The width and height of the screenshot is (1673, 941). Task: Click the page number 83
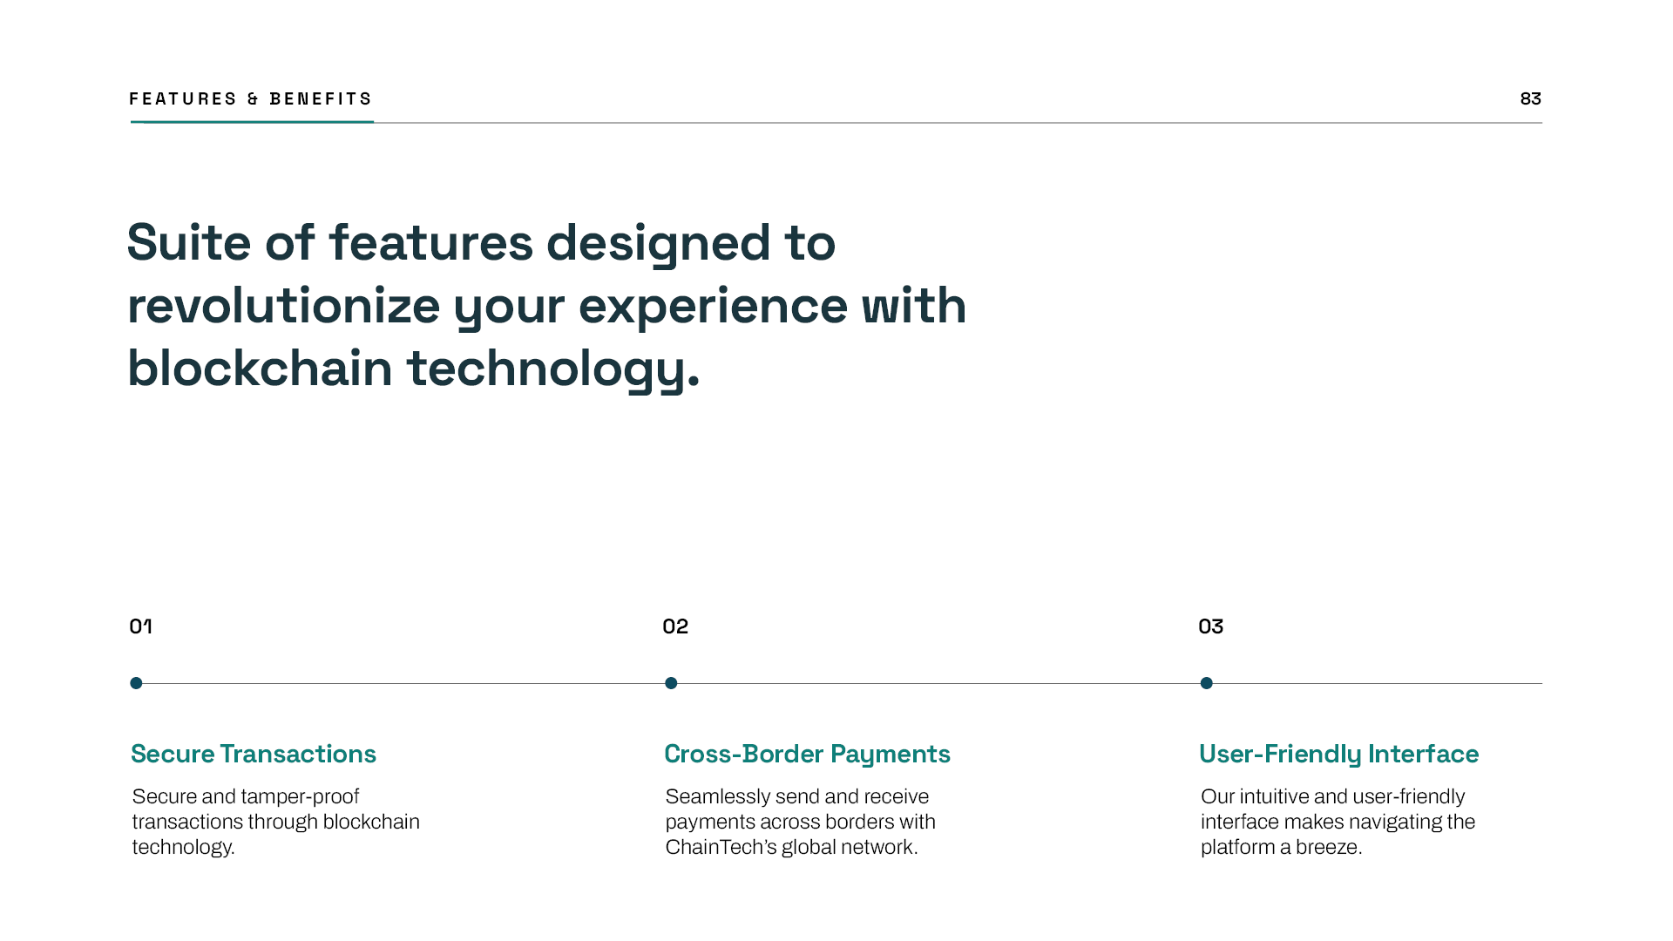1530,98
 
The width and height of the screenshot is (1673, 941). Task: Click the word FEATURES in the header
183,98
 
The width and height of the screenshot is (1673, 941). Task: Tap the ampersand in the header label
253,99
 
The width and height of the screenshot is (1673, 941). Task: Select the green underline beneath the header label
252,122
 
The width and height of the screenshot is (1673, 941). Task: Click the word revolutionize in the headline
283,306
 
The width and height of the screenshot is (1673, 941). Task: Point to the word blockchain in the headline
259,369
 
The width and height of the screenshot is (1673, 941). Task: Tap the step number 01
140,626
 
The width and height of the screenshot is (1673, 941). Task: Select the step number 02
675,626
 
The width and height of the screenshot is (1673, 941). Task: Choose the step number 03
1210,626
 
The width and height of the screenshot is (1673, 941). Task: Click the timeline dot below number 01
136,683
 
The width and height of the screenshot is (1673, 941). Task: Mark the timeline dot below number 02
671,683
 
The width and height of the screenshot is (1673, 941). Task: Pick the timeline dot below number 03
1206,683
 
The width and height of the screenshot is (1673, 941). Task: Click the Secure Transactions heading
254,754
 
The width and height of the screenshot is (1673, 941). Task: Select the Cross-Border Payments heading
807,754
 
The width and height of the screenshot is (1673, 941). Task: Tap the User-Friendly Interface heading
1338,754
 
